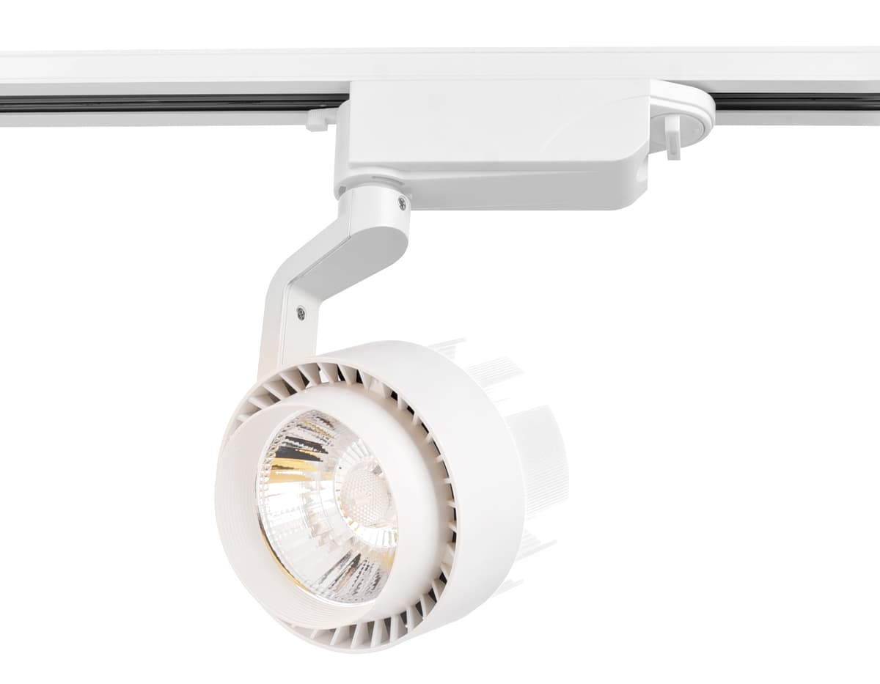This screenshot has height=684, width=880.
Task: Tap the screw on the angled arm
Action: pos(301,313)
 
